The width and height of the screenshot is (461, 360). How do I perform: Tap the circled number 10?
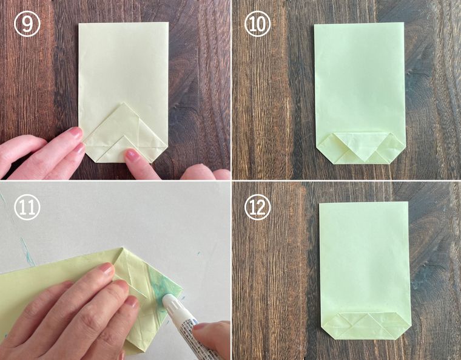(x=258, y=24)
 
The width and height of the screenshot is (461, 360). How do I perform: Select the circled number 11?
(x=27, y=207)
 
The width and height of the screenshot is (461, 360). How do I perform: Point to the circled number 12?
(x=258, y=207)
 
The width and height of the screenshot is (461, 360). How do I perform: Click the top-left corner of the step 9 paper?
(x=79, y=24)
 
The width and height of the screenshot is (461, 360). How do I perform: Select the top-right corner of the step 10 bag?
(x=403, y=22)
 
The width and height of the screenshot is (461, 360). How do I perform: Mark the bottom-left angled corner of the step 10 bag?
(x=323, y=154)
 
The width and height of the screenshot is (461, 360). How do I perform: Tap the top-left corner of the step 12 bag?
(x=320, y=203)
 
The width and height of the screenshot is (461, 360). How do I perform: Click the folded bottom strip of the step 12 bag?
(x=366, y=325)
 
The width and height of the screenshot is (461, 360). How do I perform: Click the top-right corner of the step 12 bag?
(x=408, y=202)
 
